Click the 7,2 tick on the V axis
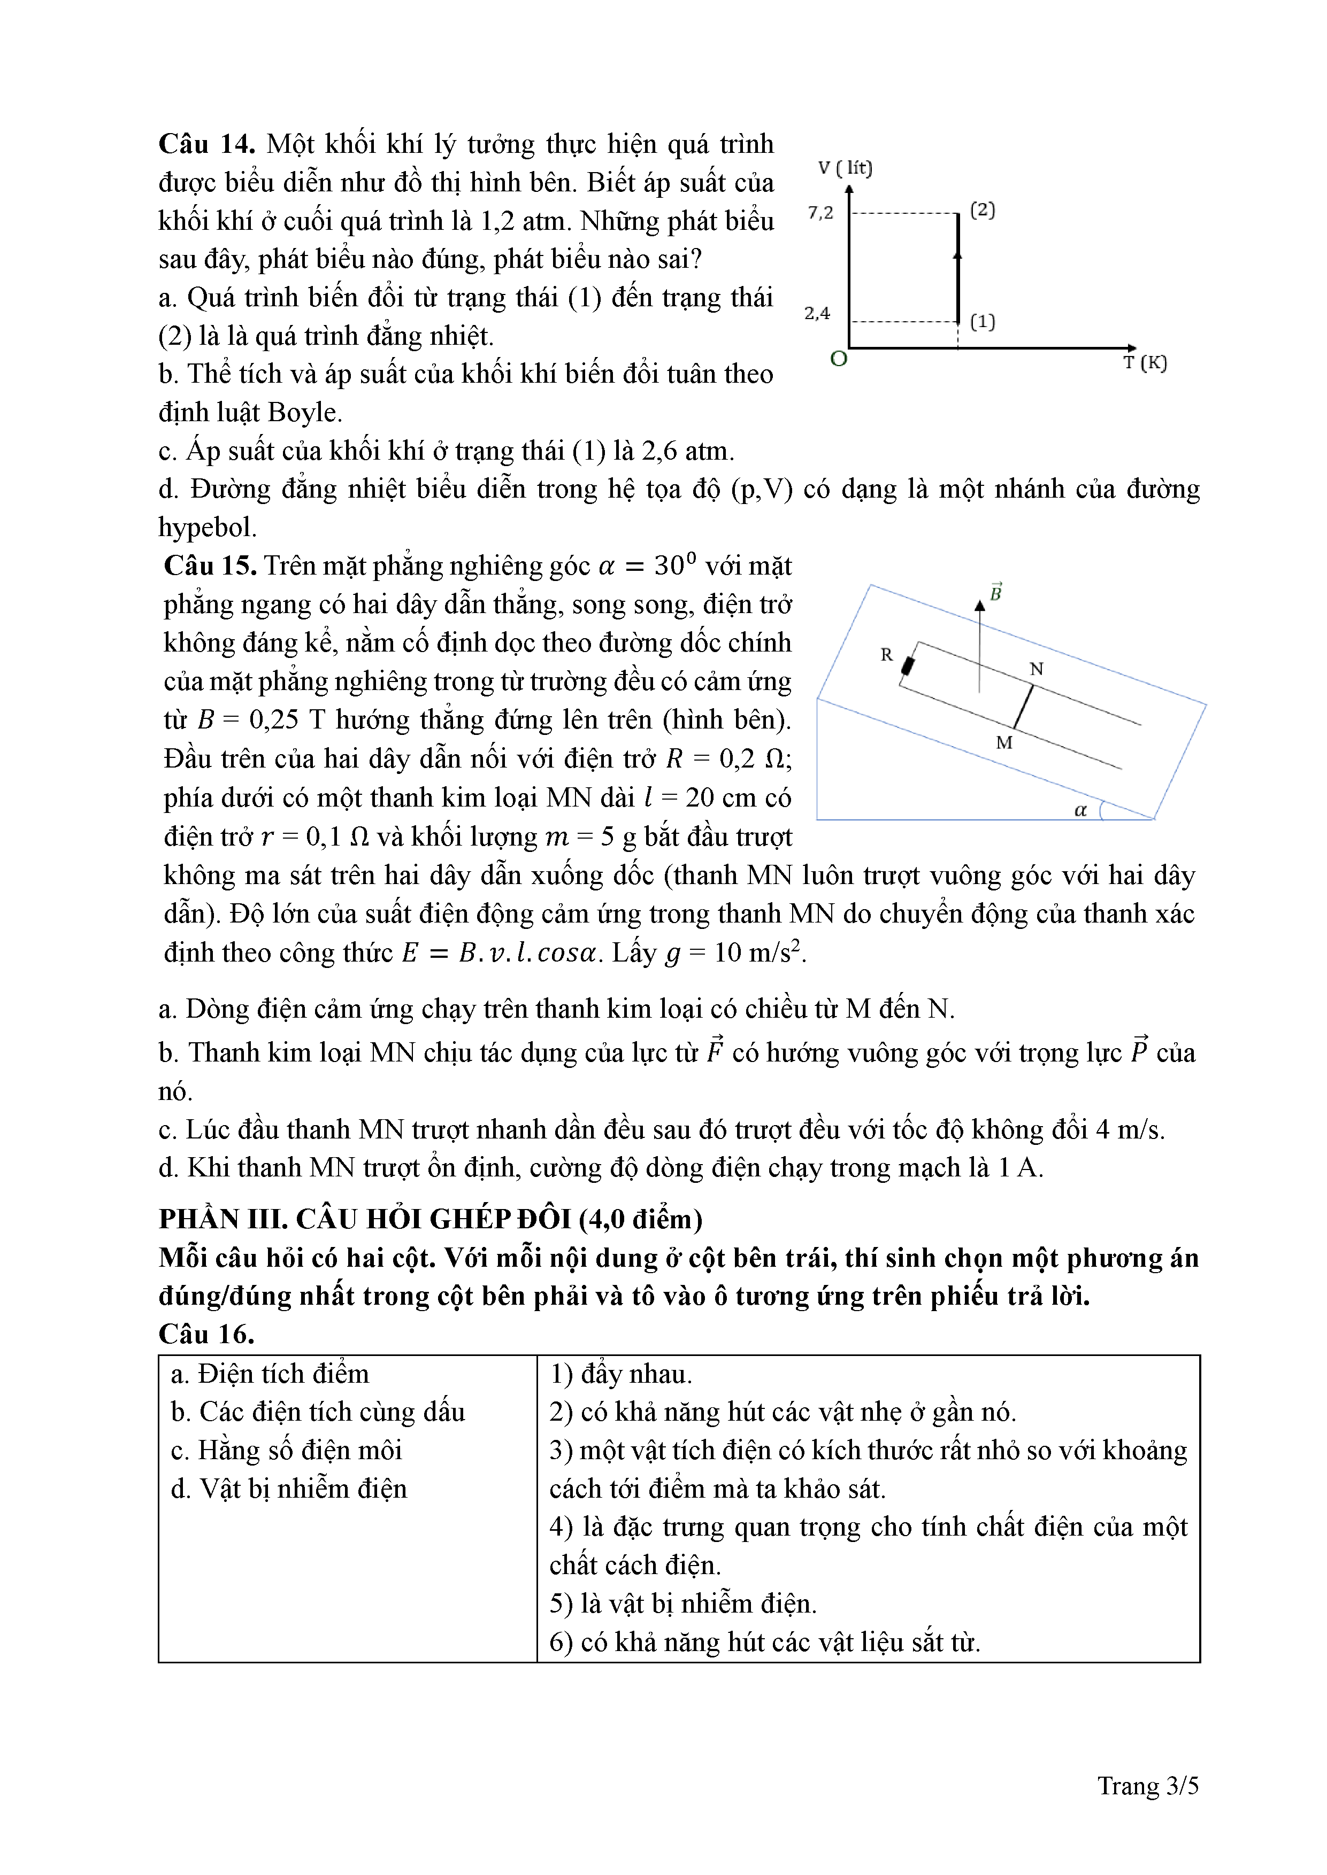[821, 213]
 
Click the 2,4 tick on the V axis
[817, 314]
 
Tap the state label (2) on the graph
[982, 210]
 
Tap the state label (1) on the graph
[982, 322]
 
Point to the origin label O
[838, 359]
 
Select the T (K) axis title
[1145, 362]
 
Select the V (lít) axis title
[845, 168]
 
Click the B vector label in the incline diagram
[996, 593]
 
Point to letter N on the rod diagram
[1036, 669]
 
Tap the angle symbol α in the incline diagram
[1080, 810]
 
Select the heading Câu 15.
[211, 566]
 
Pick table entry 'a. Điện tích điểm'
[270, 1374]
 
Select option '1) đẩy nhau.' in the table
[621, 1374]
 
